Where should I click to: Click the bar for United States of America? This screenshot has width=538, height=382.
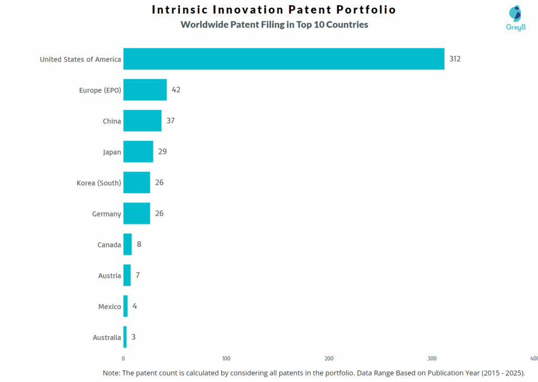(284, 59)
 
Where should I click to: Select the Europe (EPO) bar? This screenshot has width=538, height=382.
(145, 90)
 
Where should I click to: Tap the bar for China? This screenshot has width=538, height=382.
(142, 121)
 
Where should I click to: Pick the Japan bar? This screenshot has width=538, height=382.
(138, 152)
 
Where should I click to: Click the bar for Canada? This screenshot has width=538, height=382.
(128, 244)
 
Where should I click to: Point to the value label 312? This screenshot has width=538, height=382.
(455, 59)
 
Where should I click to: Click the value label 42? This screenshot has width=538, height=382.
(176, 90)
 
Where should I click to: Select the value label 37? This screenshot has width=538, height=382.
(170, 121)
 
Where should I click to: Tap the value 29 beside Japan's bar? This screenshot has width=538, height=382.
(162, 152)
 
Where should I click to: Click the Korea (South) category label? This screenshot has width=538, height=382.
(99, 183)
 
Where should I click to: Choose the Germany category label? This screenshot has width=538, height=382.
(107, 214)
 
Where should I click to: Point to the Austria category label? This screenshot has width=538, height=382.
(109, 275)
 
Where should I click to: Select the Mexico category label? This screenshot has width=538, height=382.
(109, 306)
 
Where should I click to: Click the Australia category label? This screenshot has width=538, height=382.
(107, 337)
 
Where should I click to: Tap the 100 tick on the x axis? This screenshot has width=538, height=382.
(226, 358)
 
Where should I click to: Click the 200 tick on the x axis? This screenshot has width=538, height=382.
(329, 358)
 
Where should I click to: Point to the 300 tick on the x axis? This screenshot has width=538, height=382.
(432, 358)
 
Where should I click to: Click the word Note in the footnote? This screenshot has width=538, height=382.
(111, 373)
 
